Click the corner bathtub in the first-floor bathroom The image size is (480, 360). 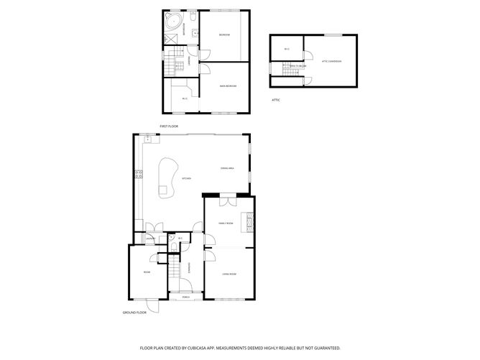click(173, 21)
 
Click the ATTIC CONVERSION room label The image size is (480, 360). click(331, 61)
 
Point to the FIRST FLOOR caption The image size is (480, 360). click(169, 126)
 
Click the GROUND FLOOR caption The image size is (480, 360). click(134, 313)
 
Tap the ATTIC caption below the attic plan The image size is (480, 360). click(275, 100)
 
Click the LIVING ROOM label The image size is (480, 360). click(229, 274)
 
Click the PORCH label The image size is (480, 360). click(185, 297)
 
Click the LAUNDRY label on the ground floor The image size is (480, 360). click(150, 239)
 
